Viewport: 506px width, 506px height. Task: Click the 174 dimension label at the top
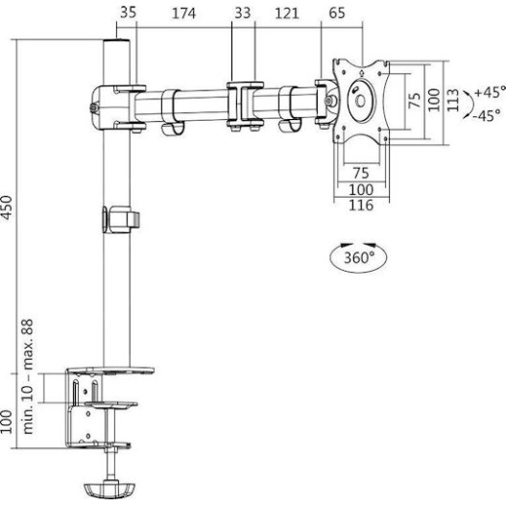tap(183, 13)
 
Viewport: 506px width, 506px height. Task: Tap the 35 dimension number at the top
tap(129, 12)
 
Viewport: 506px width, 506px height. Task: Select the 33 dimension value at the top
tap(242, 13)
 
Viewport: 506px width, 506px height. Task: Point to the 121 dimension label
tap(287, 13)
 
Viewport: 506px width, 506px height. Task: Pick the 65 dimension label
tap(337, 12)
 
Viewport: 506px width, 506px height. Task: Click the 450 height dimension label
tap(7, 207)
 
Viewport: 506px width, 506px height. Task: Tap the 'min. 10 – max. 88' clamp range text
tap(28, 376)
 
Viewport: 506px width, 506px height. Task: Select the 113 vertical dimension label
tap(453, 100)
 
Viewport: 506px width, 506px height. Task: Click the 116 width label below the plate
tap(361, 205)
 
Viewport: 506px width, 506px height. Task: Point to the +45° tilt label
tap(490, 92)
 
